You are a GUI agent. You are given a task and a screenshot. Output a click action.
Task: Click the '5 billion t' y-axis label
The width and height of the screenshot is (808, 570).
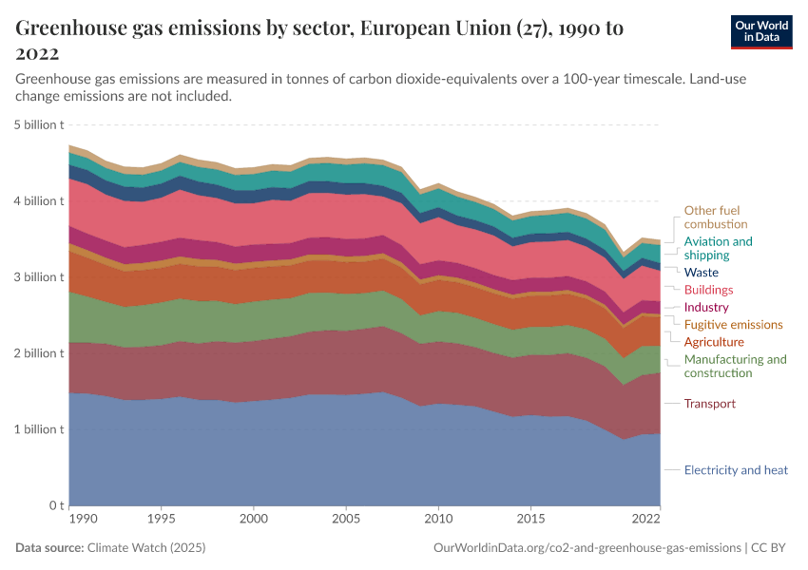[39, 124]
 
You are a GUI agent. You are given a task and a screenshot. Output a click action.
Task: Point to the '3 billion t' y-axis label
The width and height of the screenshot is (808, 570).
[39, 276]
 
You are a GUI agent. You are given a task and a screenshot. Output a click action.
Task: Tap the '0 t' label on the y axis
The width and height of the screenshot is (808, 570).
[56, 504]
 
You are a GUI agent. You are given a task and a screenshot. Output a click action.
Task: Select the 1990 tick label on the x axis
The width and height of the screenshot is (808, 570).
[83, 520]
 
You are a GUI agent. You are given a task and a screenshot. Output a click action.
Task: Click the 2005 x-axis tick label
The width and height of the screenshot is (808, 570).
[346, 520]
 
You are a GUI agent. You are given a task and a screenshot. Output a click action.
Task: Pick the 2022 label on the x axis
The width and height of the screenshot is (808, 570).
[645, 520]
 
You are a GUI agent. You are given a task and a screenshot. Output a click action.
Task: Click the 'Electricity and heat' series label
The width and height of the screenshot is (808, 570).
[736, 470]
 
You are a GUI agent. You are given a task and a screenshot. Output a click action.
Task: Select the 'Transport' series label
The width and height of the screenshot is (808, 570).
[709, 404]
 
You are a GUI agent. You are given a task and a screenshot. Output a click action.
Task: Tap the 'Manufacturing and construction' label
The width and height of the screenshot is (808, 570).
[735, 366]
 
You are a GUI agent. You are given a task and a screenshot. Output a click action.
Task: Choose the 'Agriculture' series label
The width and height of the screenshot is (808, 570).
[714, 342]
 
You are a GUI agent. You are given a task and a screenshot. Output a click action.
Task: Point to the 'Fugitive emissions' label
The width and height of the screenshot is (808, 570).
[733, 325]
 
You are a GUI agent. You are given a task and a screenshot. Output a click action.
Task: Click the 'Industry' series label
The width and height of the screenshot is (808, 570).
[706, 308]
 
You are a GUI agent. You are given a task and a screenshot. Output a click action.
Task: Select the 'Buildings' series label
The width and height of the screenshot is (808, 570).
[708, 290]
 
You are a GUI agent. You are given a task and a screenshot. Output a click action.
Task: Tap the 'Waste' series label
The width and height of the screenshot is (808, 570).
[702, 273]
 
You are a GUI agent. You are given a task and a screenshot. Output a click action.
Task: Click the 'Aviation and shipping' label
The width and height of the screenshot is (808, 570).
[718, 248]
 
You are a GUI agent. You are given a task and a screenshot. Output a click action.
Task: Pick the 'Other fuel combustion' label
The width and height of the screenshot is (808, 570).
[711, 217]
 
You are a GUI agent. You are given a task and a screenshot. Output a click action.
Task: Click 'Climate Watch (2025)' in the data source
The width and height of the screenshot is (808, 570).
[146, 548]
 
